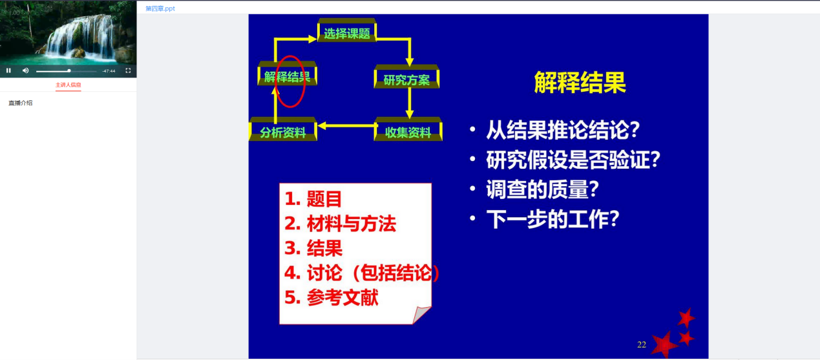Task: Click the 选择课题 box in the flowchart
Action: [x=346, y=30]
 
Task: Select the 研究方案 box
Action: [x=406, y=76]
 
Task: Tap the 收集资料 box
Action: [x=408, y=129]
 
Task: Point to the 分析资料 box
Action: [x=283, y=129]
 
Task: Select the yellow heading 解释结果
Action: [x=580, y=82]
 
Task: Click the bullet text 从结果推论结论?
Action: [x=563, y=130]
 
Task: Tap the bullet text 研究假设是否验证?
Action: [x=573, y=160]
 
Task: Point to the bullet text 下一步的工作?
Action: [x=552, y=219]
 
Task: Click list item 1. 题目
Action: [x=313, y=199]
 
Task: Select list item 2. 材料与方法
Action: [x=340, y=224]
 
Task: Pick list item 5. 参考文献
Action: [x=331, y=297]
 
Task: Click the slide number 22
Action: [x=642, y=344]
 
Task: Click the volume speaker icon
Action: [x=25, y=70]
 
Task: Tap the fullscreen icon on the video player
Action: [x=128, y=70]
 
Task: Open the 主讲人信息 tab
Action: [x=68, y=85]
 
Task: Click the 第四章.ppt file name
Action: [x=160, y=8]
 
